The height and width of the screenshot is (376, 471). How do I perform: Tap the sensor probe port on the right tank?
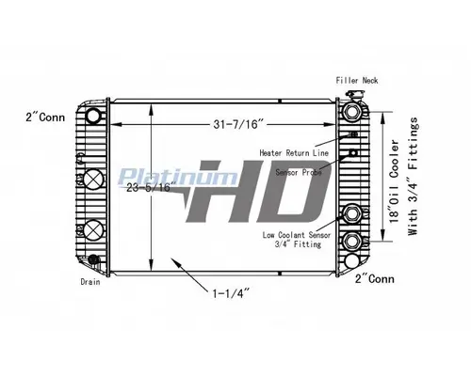point(352,155)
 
